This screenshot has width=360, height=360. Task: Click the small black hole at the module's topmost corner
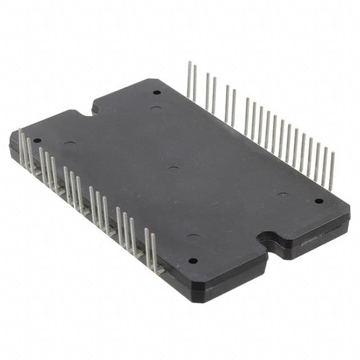click(x=156, y=92)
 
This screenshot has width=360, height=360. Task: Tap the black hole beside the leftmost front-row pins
click(x=37, y=141)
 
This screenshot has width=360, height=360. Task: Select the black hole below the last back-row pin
click(x=319, y=201)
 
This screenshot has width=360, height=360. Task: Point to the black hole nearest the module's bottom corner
click(x=193, y=260)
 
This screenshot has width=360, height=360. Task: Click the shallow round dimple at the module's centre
click(x=173, y=169)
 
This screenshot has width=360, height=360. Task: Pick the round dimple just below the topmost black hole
click(x=156, y=107)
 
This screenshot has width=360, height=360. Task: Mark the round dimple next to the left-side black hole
click(x=70, y=144)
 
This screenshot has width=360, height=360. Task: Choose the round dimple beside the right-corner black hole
click(x=282, y=195)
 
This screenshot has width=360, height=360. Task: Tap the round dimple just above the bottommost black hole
click(x=192, y=236)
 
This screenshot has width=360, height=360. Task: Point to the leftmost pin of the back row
click(x=189, y=79)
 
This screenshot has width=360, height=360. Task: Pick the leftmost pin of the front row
click(x=21, y=146)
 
